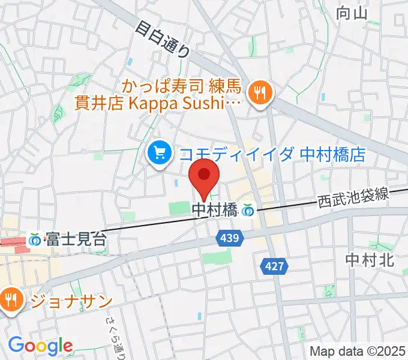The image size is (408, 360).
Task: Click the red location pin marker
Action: tap(205, 177)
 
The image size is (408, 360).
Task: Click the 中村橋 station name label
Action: tap(215, 210)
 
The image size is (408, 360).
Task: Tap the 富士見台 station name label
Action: tap(75, 239)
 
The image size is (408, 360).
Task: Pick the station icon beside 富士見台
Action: tap(35, 240)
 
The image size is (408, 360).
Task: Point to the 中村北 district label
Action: tap(369, 259)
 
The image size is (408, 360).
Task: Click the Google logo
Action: tap(40, 346)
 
